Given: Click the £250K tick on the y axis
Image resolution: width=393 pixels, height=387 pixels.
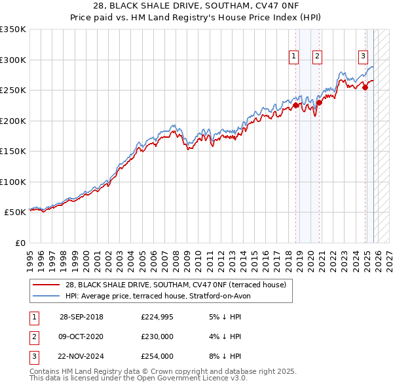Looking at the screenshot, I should click(x=13, y=91).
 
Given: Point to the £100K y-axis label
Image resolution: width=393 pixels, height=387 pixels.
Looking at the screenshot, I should click(x=13, y=182).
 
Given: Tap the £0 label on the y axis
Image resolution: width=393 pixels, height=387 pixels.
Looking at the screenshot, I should click(x=20, y=243).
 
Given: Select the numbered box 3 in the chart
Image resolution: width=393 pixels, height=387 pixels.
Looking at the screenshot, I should click(x=363, y=56).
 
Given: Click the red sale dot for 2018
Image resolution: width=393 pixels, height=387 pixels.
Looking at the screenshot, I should click(x=295, y=105).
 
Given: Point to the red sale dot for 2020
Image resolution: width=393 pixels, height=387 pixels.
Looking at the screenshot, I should click(x=319, y=102).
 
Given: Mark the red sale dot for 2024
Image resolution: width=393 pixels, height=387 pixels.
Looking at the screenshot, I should click(x=365, y=88).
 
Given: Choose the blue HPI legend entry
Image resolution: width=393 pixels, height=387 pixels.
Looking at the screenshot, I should click(x=157, y=296).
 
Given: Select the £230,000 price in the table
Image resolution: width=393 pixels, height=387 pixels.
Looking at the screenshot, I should click(x=157, y=336).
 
